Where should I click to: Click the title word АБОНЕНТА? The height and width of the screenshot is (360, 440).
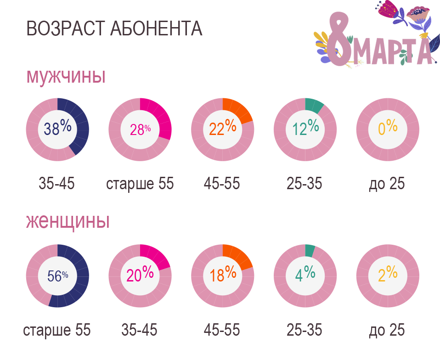click(x=157, y=28)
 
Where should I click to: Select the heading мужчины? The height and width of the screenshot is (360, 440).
click(x=66, y=76)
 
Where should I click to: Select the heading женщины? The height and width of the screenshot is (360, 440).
click(x=68, y=222)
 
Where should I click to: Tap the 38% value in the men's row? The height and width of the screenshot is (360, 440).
click(x=57, y=129)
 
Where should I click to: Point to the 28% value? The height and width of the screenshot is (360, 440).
click(x=140, y=130)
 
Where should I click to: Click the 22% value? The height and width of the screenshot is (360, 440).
click(x=222, y=129)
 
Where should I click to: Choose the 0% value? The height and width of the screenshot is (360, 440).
click(x=388, y=128)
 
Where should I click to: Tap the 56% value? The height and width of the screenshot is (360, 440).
click(x=57, y=276)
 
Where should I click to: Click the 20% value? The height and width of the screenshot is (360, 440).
click(x=140, y=275)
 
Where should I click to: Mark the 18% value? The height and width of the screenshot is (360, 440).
click(x=223, y=276)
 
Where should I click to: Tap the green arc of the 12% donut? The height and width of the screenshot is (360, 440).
click(x=314, y=106)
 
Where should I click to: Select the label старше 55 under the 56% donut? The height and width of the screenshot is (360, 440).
click(x=57, y=330)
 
